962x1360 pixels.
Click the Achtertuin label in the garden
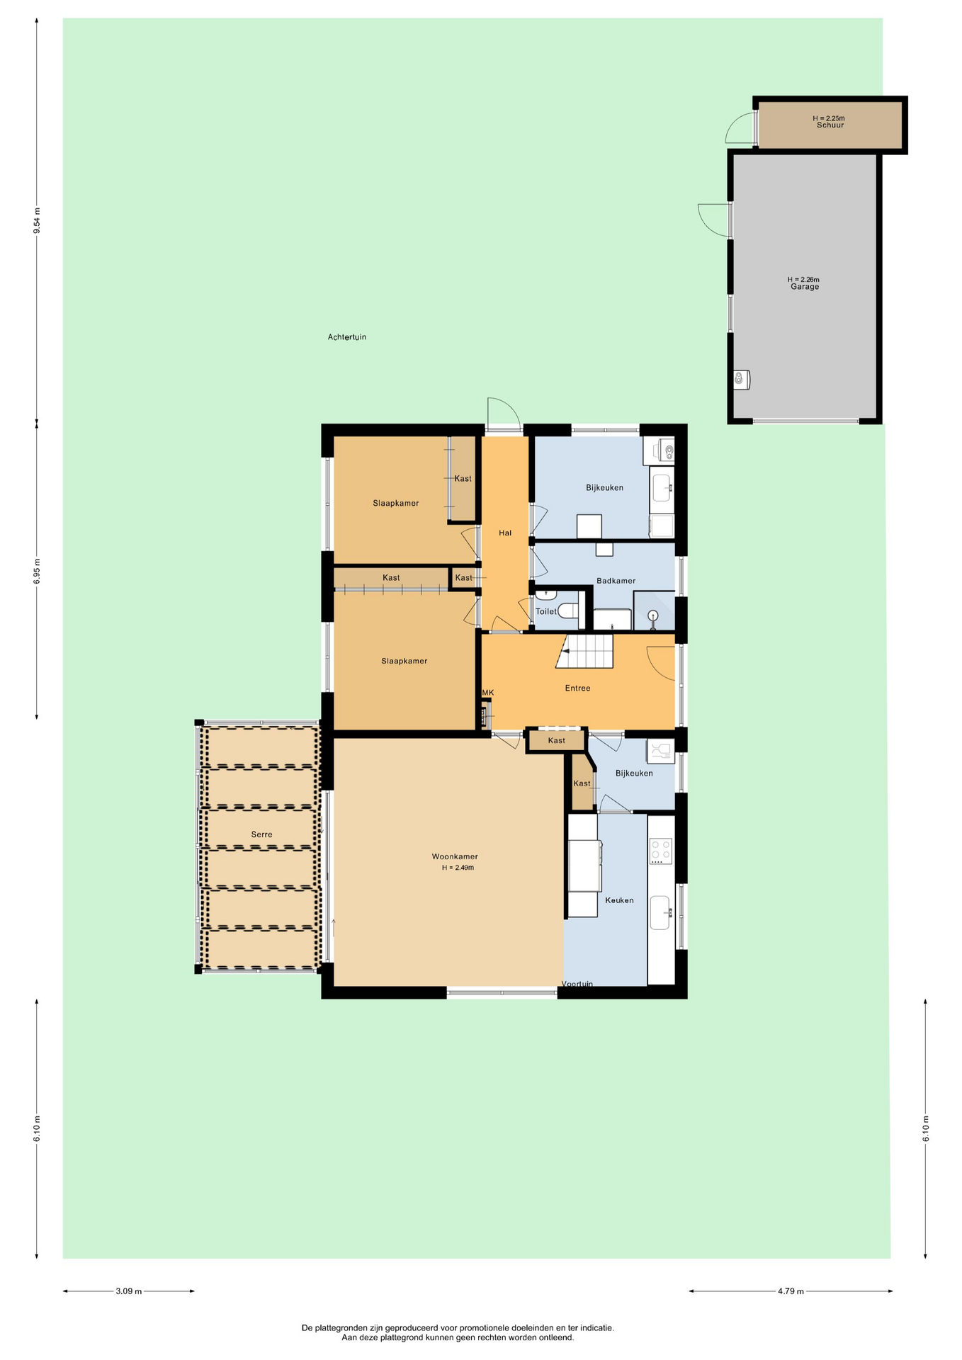(347, 337)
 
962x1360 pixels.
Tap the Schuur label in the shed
(830, 125)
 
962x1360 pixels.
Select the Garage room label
(805, 287)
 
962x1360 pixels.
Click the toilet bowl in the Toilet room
(567, 611)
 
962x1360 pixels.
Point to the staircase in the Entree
(584, 651)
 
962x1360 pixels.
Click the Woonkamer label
(455, 857)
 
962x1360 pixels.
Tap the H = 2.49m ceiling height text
(458, 868)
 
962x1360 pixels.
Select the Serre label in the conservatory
(261, 834)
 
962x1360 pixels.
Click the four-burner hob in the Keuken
(661, 851)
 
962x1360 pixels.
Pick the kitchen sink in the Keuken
(660, 912)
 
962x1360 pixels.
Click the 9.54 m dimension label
(37, 220)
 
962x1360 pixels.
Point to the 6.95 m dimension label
(37, 572)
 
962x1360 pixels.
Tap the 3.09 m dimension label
(128, 1291)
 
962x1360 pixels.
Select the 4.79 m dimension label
(791, 1291)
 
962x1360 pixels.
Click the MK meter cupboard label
(488, 693)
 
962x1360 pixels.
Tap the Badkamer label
(616, 581)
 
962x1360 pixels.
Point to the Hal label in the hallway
(505, 533)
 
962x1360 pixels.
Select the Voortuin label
(577, 984)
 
